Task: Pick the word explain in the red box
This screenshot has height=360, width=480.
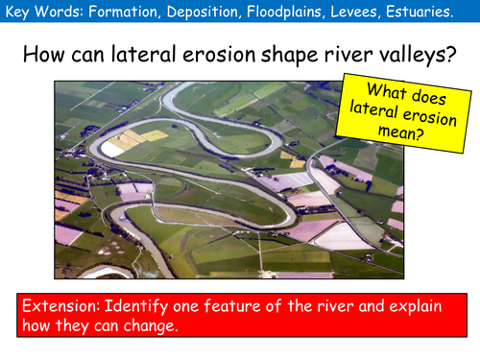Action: (x=432, y=306)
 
